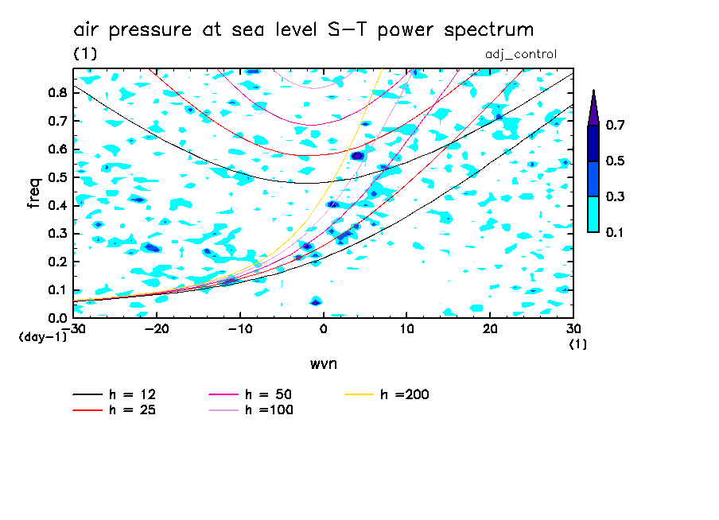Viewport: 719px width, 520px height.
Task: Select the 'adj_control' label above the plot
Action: pos(520,54)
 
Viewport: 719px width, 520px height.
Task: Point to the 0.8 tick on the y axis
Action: pos(56,92)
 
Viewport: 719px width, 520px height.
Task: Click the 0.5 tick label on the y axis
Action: pos(56,177)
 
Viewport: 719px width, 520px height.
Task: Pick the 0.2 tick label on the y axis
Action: pos(56,262)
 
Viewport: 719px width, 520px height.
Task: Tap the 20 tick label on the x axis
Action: pos(489,328)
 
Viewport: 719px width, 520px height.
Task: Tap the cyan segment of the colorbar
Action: pos(593,214)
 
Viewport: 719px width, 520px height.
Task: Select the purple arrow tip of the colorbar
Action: pos(593,107)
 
